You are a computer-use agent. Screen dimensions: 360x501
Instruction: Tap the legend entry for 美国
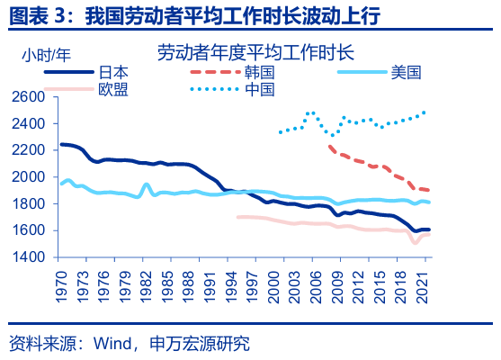tap(406, 71)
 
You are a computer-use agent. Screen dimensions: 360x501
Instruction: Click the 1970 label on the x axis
tap(61, 280)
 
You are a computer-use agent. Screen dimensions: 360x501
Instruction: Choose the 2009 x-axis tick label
tap(336, 280)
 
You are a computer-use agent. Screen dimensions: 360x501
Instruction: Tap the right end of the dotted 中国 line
tap(425, 112)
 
